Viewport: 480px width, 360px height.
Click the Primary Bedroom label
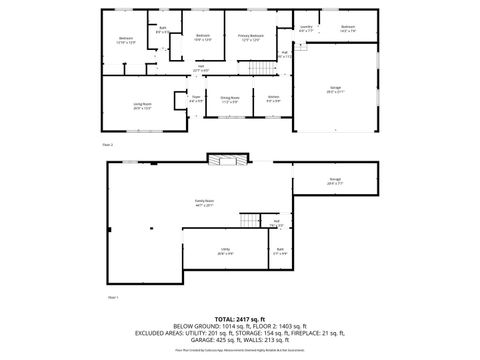(249, 37)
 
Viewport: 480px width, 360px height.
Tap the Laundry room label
(306, 27)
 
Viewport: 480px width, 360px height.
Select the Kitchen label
(273, 96)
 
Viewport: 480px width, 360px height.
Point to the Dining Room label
(229, 98)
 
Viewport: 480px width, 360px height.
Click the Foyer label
(196, 98)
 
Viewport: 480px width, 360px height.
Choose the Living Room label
(141, 104)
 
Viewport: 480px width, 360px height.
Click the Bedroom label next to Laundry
(348, 27)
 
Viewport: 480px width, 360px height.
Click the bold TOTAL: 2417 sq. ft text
(240, 318)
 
